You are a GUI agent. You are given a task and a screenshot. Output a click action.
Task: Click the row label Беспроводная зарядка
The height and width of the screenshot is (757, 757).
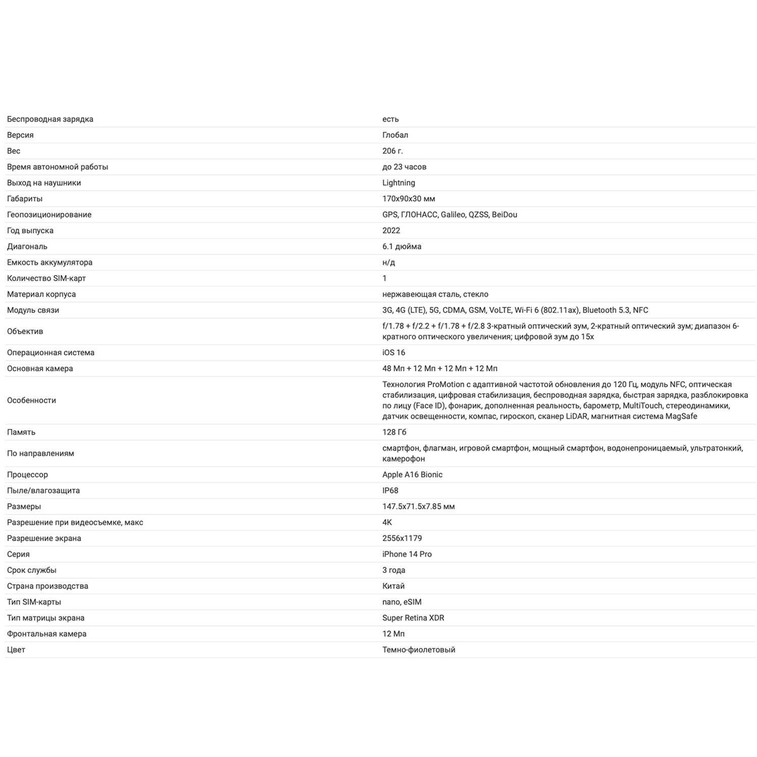50,119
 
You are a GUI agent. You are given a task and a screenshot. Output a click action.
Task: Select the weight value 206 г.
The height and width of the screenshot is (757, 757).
393,151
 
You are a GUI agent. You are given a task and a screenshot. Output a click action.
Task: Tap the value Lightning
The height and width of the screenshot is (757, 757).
399,183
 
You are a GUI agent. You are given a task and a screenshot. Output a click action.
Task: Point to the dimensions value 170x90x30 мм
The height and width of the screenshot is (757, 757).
409,199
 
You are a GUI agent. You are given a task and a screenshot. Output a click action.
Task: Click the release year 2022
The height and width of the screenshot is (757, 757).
391,231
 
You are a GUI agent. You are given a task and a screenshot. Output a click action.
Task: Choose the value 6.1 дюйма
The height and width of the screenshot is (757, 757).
402,246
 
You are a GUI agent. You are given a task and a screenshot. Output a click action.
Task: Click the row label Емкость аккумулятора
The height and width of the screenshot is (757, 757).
49,262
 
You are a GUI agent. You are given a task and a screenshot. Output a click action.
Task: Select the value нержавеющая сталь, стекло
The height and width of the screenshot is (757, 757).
435,294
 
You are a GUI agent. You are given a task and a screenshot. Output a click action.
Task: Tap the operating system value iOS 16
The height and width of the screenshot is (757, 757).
394,353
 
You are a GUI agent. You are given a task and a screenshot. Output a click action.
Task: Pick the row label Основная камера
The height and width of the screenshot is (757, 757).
40,368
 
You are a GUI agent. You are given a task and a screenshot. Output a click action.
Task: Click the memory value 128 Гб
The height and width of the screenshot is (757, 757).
394,432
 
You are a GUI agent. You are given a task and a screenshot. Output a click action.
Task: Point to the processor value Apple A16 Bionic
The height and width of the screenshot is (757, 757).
412,474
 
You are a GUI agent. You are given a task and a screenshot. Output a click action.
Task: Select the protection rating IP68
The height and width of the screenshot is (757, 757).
390,491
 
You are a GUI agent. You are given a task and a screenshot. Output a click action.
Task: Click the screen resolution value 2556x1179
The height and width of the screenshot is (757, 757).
402,538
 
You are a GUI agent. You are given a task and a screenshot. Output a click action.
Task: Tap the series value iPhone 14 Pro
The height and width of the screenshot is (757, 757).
407,554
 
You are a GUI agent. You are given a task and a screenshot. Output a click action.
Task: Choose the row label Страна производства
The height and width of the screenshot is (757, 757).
47,586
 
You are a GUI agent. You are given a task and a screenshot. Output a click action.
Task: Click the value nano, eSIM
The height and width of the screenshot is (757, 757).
402,602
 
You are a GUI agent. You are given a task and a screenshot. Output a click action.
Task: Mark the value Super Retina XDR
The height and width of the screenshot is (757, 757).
413,618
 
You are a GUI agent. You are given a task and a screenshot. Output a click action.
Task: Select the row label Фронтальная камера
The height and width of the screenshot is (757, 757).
46,634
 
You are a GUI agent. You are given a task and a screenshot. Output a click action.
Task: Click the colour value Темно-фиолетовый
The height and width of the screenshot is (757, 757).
418,650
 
